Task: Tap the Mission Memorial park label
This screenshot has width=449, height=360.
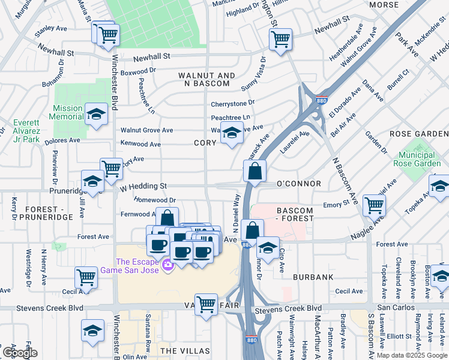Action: (68, 113)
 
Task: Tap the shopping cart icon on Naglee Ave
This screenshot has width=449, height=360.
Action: (375, 205)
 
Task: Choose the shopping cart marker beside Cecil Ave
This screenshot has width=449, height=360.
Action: (86, 277)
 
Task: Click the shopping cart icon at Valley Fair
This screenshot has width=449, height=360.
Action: (206, 304)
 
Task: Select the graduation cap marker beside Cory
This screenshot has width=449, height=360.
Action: (232, 133)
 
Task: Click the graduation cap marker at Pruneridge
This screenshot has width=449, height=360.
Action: (93, 181)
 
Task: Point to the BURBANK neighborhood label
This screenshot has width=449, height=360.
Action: (313, 277)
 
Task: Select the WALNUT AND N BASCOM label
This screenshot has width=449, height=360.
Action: (207, 80)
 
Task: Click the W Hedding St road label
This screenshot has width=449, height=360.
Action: (143, 187)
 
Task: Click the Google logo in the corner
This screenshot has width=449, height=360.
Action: (19, 353)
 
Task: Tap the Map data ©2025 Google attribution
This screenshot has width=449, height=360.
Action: (412, 355)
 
